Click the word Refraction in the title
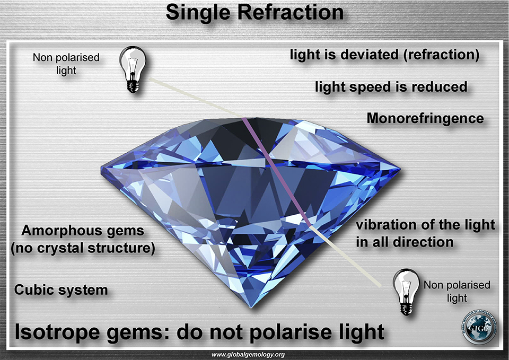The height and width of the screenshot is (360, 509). [291, 12]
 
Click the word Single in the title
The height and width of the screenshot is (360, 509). [199, 13]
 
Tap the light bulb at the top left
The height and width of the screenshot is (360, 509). [133, 69]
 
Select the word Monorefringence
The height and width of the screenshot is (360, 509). [425, 118]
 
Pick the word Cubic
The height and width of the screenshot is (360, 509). [30, 289]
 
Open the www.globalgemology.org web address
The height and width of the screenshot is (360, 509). [248, 355]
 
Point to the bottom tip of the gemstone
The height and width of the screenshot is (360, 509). [251, 308]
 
